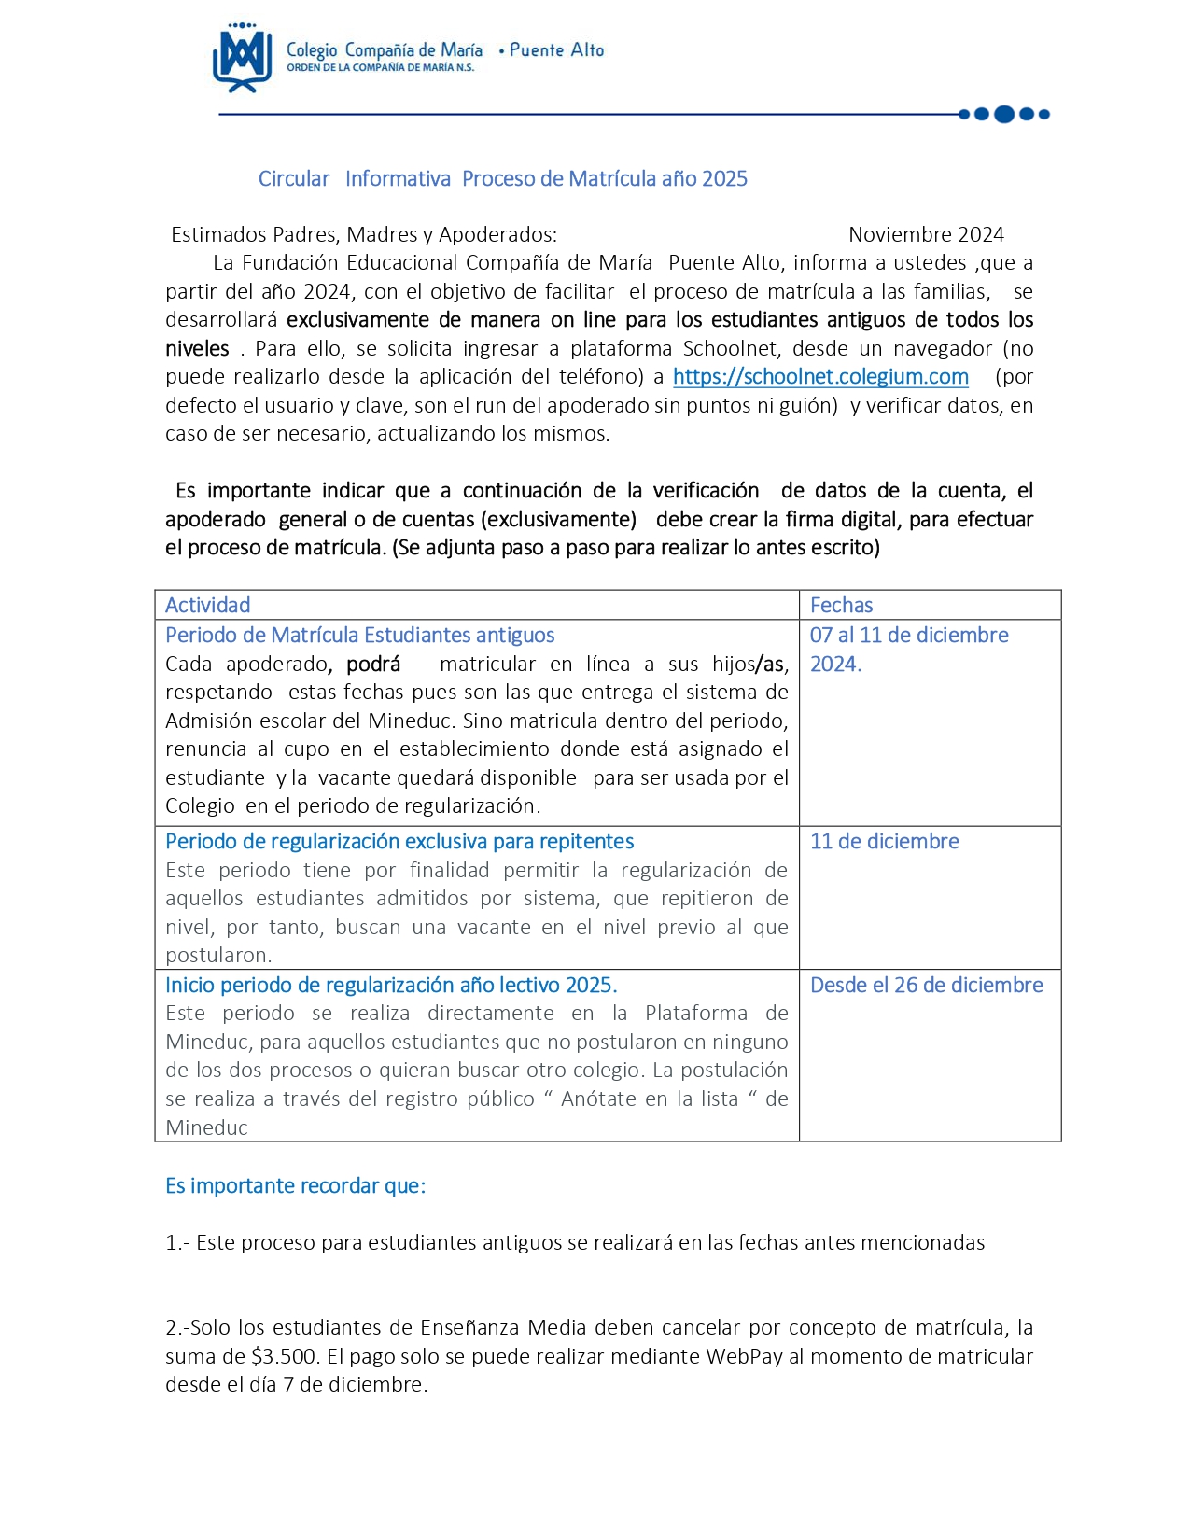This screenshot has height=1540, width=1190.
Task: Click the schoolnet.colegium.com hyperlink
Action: (x=820, y=377)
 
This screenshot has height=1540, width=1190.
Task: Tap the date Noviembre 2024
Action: (x=926, y=234)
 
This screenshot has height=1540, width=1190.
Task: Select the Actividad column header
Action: (x=208, y=605)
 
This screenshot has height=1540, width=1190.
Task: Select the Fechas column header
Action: (x=841, y=605)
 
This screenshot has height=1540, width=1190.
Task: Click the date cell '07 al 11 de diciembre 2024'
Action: (x=908, y=649)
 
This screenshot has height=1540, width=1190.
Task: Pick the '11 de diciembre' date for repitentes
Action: (x=884, y=841)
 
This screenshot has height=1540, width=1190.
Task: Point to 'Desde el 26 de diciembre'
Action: (x=926, y=985)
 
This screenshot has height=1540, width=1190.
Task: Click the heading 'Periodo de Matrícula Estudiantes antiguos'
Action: (x=359, y=636)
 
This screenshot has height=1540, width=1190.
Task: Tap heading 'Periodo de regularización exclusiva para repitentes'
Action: (x=399, y=841)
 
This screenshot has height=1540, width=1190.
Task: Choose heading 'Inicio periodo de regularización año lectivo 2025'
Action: (x=391, y=985)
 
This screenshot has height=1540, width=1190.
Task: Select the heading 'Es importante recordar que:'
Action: (x=295, y=1185)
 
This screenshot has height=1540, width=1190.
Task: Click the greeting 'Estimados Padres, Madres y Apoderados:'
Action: (x=364, y=234)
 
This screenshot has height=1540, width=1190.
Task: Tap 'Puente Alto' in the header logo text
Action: (x=556, y=50)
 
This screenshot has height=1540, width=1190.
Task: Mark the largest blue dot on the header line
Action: (x=1004, y=115)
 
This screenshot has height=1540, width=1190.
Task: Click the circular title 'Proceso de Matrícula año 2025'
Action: (x=605, y=178)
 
